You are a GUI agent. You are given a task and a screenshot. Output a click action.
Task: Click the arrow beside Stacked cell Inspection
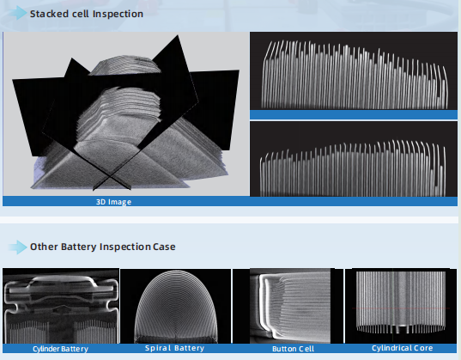(x=17, y=13)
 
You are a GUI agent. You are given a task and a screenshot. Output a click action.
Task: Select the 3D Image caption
(x=113, y=202)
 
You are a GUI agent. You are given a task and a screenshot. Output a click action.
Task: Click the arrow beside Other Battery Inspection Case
(x=17, y=247)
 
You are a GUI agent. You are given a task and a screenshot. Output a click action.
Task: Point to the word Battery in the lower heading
(x=78, y=247)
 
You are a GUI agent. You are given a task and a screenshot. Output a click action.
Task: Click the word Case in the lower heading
(x=164, y=247)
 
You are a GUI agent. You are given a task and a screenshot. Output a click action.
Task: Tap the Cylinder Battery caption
(x=61, y=349)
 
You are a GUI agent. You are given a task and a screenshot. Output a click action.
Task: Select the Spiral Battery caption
(x=174, y=348)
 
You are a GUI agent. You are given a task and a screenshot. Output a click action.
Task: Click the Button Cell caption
(x=293, y=349)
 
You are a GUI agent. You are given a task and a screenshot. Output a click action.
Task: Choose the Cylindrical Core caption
(x=403, y=348)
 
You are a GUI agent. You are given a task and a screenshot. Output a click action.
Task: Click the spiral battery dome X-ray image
(x=175, y=306)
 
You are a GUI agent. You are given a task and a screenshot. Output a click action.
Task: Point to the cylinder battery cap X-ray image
(x=61, y=306)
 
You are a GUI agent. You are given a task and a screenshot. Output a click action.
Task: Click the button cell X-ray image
(x=288, y=306)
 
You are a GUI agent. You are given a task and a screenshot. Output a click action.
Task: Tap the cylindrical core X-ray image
(x=401, y=306)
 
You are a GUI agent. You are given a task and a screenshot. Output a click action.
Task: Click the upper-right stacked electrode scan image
(x=354, y=71)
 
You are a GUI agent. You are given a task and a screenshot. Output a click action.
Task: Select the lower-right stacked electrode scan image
(x=354, y=159)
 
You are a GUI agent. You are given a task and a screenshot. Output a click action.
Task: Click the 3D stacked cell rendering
(x=126, y=114)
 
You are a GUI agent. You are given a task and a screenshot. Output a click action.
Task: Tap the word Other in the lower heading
(x=44, y=247)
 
